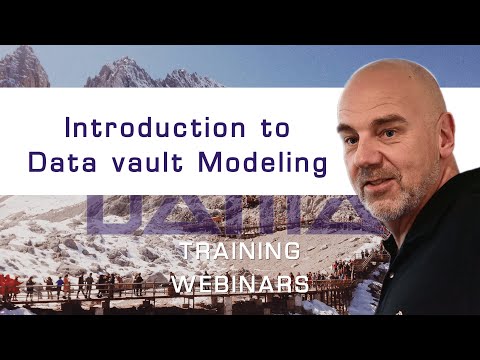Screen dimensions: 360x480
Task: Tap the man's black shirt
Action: pyautogui.click(x=440, y=280)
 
